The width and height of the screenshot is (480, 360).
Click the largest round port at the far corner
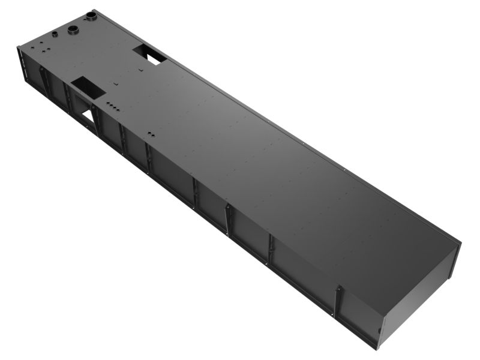pos(92,14)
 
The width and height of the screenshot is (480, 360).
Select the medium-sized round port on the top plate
pos(73,30)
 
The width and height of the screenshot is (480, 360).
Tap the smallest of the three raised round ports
pos(55,34)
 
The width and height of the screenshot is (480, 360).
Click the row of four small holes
pos(112,106)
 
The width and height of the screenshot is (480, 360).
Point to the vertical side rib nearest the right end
pos(338,300)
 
